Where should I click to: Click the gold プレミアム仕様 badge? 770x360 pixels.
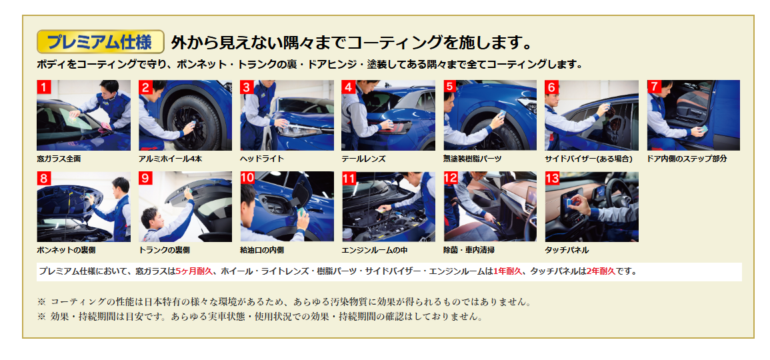click(x=100, y=42)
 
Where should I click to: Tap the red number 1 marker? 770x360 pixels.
click(x=44, y=87)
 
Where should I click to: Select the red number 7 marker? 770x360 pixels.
click(x=654, y=87)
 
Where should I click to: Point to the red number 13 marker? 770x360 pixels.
click(x=553, y=178)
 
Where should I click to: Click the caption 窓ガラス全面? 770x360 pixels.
click(x=59, y=159)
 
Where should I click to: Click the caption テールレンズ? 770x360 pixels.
click(x=363, y=159)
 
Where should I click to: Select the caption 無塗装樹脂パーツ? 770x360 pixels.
click(x=473, y=159)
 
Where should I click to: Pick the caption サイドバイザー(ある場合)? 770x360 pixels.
click(x=589, y=159)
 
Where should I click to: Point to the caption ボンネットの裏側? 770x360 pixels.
click(x=66, y=250)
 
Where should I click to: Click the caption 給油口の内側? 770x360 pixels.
click(x=262, y=250)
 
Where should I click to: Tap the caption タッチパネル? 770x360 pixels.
click(x=567, y=250)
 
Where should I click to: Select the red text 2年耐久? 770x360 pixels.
click(x=601, y=271)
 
